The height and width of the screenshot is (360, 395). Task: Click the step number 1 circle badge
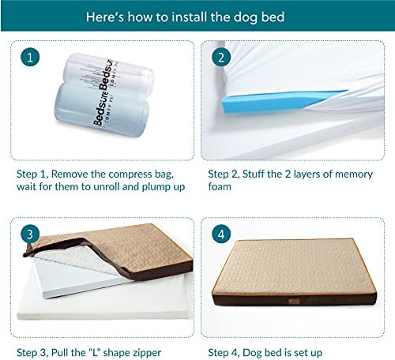30,57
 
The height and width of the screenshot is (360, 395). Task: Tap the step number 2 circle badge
221,57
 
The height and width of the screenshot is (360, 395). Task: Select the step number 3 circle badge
30,234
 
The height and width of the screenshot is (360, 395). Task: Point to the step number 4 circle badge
221,234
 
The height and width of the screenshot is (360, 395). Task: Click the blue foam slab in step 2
283,101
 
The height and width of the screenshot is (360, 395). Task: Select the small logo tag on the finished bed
294,301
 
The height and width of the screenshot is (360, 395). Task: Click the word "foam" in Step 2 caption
220,186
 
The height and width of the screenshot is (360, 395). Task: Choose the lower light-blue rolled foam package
101,109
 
